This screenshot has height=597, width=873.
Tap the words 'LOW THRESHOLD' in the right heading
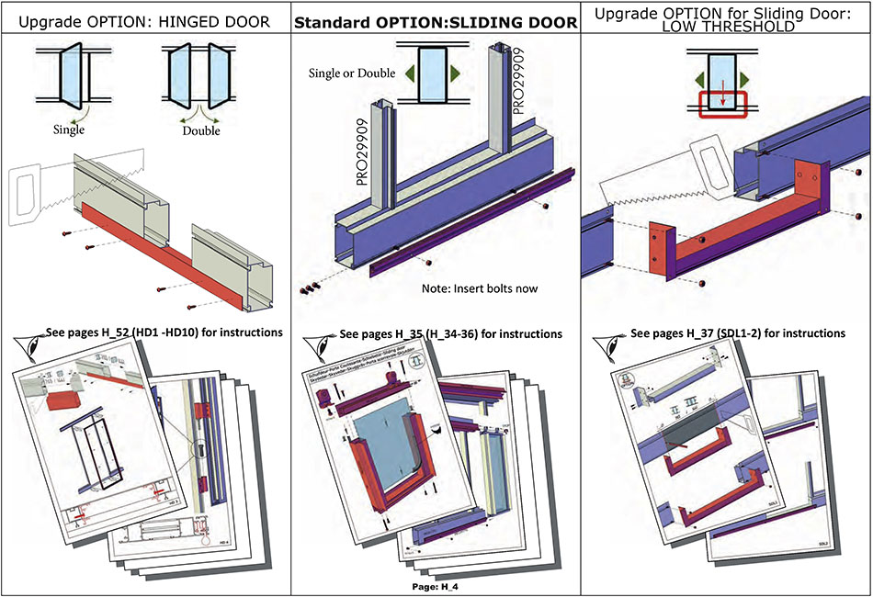pyautogui.click(x=727, y=27)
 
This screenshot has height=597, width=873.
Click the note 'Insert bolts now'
pyautogui.click(x=479, y=288)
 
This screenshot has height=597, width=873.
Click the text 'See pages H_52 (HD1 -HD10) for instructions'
pyautogui.click(x=164, y=332)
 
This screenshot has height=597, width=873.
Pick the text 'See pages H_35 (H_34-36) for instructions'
pyautogui.click(x=450, y=333)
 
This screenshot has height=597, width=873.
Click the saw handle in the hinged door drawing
pyautogui.click(x=22, y=194)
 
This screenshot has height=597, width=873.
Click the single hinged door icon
pyautogui.click(x=69, y=77)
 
